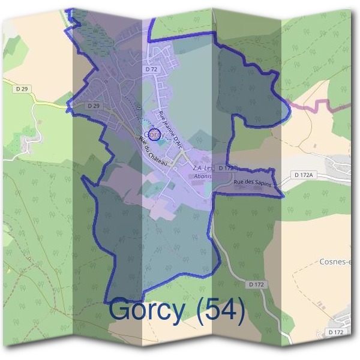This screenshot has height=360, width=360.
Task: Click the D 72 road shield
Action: [x=151, y=70]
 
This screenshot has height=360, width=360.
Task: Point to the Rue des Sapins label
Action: [x=253, y=183]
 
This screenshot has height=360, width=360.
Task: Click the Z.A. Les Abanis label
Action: [x=203, y=172]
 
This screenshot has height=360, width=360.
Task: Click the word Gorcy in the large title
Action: [x=148, y=311]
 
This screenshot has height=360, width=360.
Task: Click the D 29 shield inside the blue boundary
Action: [x=92, y=106]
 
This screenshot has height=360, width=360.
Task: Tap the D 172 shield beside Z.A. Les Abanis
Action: [x=225, y=169]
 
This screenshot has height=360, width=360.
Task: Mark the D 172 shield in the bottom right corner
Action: [x=336, y=332]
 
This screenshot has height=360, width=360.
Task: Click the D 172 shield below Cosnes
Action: [x=256, y=284]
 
